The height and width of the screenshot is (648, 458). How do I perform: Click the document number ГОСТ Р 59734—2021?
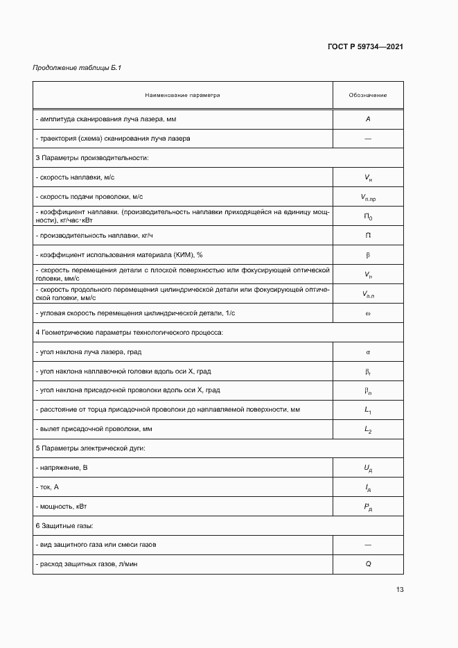coord(365,46)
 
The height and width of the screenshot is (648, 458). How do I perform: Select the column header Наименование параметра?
coord(182,95)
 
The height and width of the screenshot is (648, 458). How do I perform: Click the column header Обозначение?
coord(368,95)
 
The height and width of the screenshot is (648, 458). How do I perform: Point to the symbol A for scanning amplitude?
coord(368,119)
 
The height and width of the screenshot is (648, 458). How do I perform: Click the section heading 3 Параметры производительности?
coord(92,158)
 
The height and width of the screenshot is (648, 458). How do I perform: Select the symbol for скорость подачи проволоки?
coord(368,198)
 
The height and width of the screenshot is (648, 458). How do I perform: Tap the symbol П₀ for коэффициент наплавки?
coord(368,217)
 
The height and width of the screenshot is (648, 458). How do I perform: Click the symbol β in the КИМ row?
coord(368,255)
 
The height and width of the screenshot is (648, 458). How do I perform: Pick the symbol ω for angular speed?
coord(368,313)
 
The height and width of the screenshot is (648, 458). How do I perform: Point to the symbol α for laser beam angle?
coord(368,352)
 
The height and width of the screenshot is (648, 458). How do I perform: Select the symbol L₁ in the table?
coord(368,410)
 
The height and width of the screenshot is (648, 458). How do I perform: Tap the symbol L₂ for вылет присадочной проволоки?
coord(368,430)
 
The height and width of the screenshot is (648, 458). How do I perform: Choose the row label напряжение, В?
coord(62,469)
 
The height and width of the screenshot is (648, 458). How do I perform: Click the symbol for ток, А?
coord(368,488)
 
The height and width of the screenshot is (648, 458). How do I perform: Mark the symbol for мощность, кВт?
coord(368,507)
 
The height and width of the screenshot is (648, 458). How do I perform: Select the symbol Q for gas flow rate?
coord(368,564)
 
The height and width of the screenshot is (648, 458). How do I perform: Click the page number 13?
coord(399,590)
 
